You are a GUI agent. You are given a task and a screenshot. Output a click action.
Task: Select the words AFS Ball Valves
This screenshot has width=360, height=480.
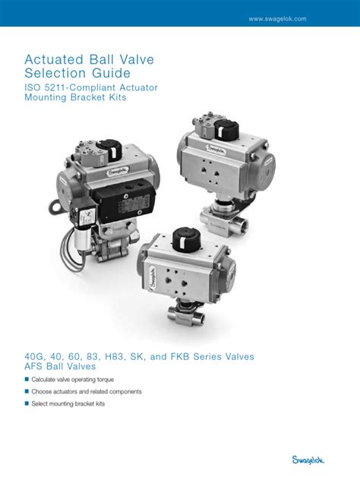click(x=60, y=368)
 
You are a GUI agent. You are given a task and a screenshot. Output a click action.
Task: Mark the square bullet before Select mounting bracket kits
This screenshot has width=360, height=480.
click(x=27, y=404)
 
